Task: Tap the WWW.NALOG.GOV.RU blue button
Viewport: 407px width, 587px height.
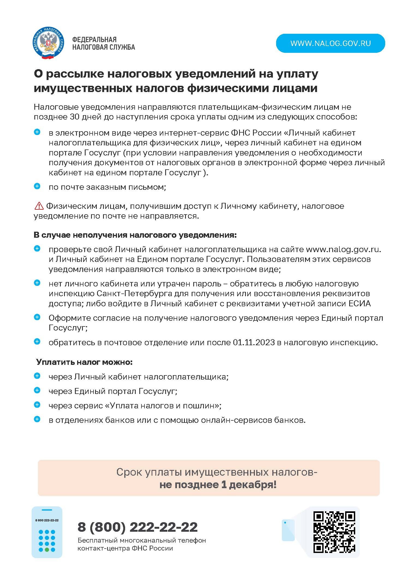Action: point(330,43)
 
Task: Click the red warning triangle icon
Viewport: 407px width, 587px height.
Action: point(39,206)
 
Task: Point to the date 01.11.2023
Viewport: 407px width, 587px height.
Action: point(254,342)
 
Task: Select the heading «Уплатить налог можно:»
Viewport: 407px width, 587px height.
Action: point(84,362)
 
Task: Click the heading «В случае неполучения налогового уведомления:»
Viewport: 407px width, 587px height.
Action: point(135,235)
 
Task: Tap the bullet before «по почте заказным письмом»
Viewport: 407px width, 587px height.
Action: point(37,187)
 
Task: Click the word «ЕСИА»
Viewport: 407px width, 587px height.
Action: point(360,304)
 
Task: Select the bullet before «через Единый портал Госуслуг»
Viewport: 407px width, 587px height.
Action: point(37,390)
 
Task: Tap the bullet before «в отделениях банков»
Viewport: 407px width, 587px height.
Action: point(37,419)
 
